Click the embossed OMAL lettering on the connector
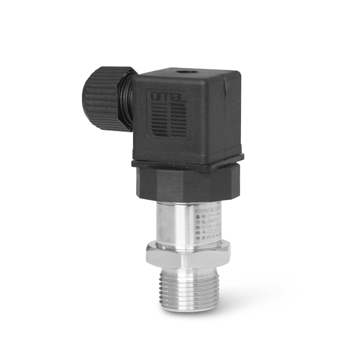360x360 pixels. (x=166, y=96)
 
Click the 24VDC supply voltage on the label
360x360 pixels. (x=211, y=221)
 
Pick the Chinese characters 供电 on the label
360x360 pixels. (x=198, y=221)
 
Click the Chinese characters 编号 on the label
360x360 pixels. (x=198, y=233)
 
